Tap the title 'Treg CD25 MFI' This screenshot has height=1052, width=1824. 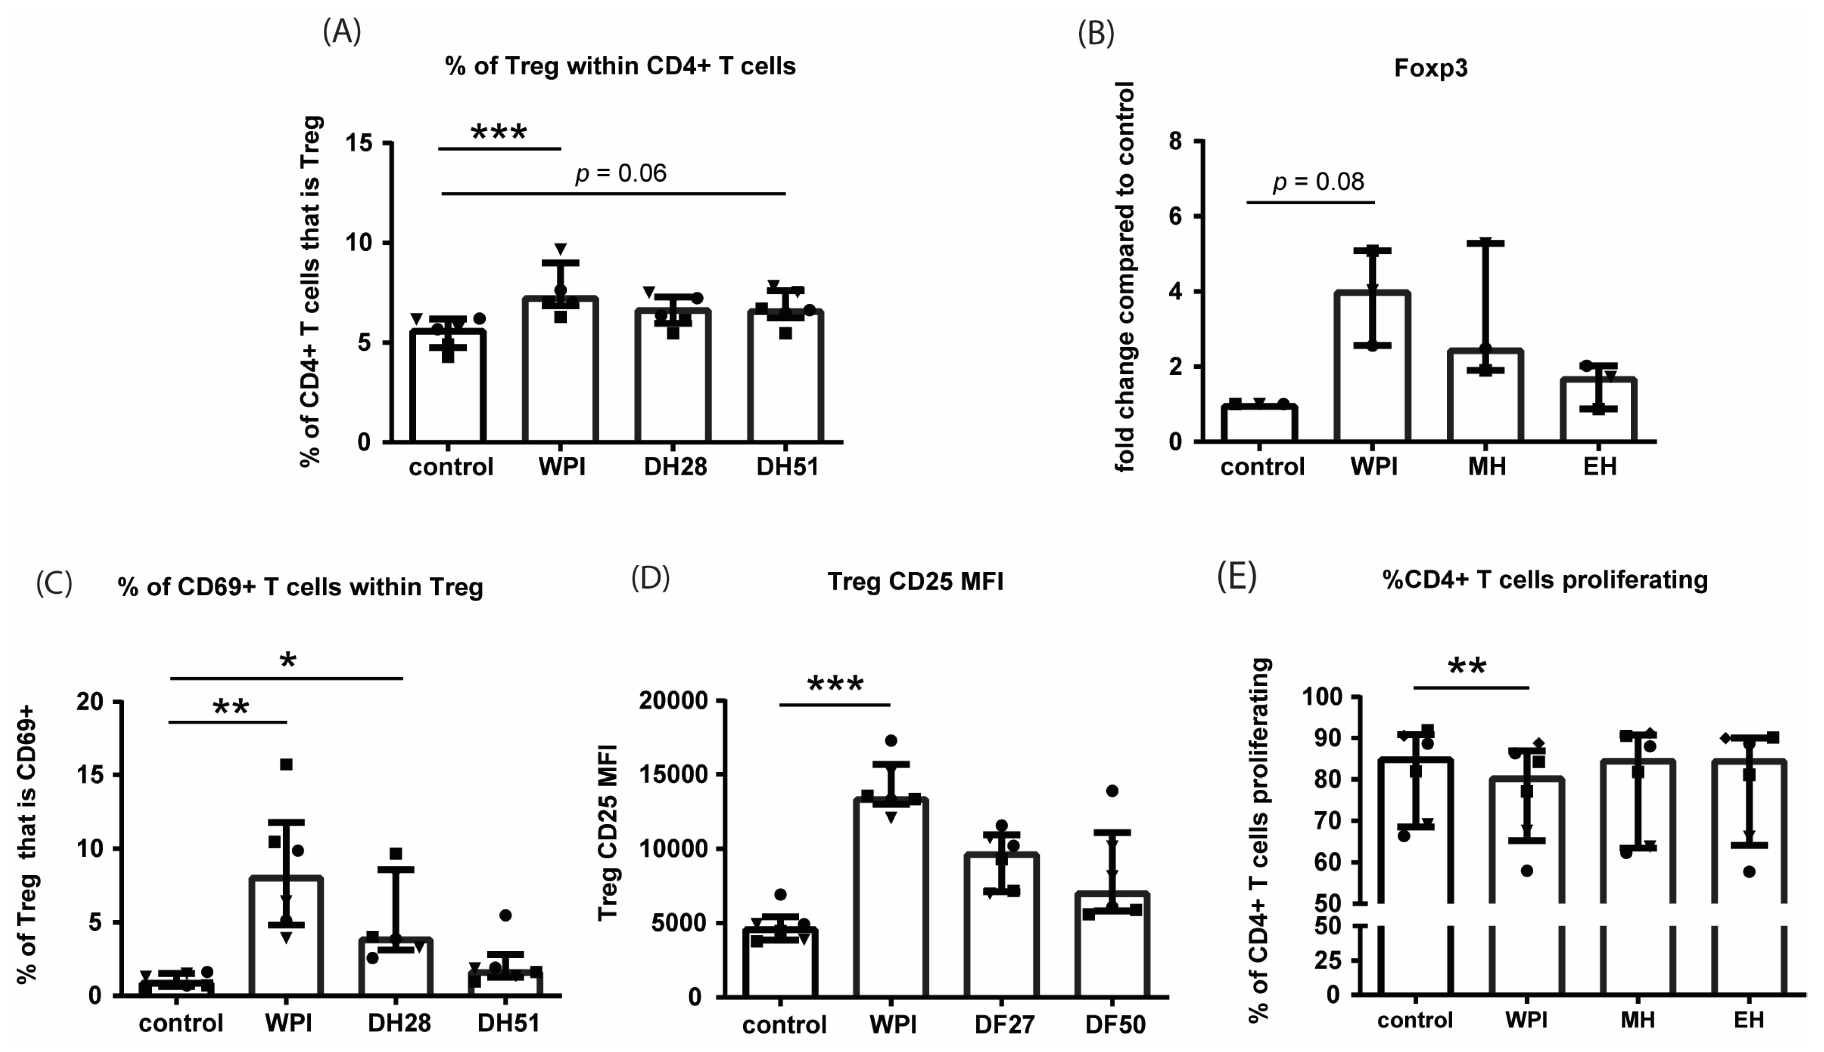tap(915, 582)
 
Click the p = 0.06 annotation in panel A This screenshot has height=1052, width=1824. tap(621, 173)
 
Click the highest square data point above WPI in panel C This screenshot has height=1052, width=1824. tap(286, 764)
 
